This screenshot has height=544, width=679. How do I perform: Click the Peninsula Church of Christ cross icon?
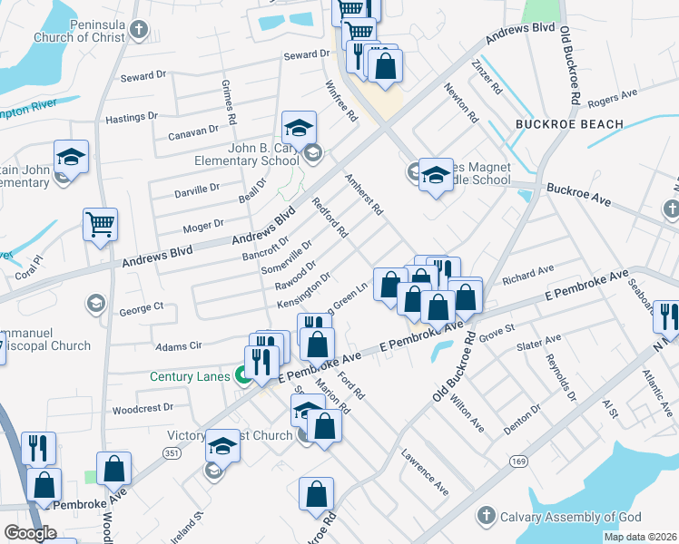click(x=138, y=30)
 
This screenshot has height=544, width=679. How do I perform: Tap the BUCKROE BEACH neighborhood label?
click(x=569, y=124)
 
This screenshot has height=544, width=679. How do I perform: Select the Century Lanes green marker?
click(x=243, y=374)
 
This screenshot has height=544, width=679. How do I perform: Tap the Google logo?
click(x=30, y=533)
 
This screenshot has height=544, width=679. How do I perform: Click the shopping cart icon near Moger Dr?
click(x=100, y=224)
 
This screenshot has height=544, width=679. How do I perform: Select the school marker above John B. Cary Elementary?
click(x=298, y=130)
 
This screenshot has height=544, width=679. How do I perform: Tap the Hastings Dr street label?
click(x=132, y=117)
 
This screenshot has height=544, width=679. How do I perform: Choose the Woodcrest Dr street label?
click(x=143, y=409)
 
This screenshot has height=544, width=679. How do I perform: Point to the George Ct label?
click(x=141, y=309)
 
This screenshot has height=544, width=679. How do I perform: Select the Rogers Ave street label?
click(x=613, y=97)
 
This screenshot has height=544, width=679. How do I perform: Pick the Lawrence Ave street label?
click(x=426, y=473)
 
